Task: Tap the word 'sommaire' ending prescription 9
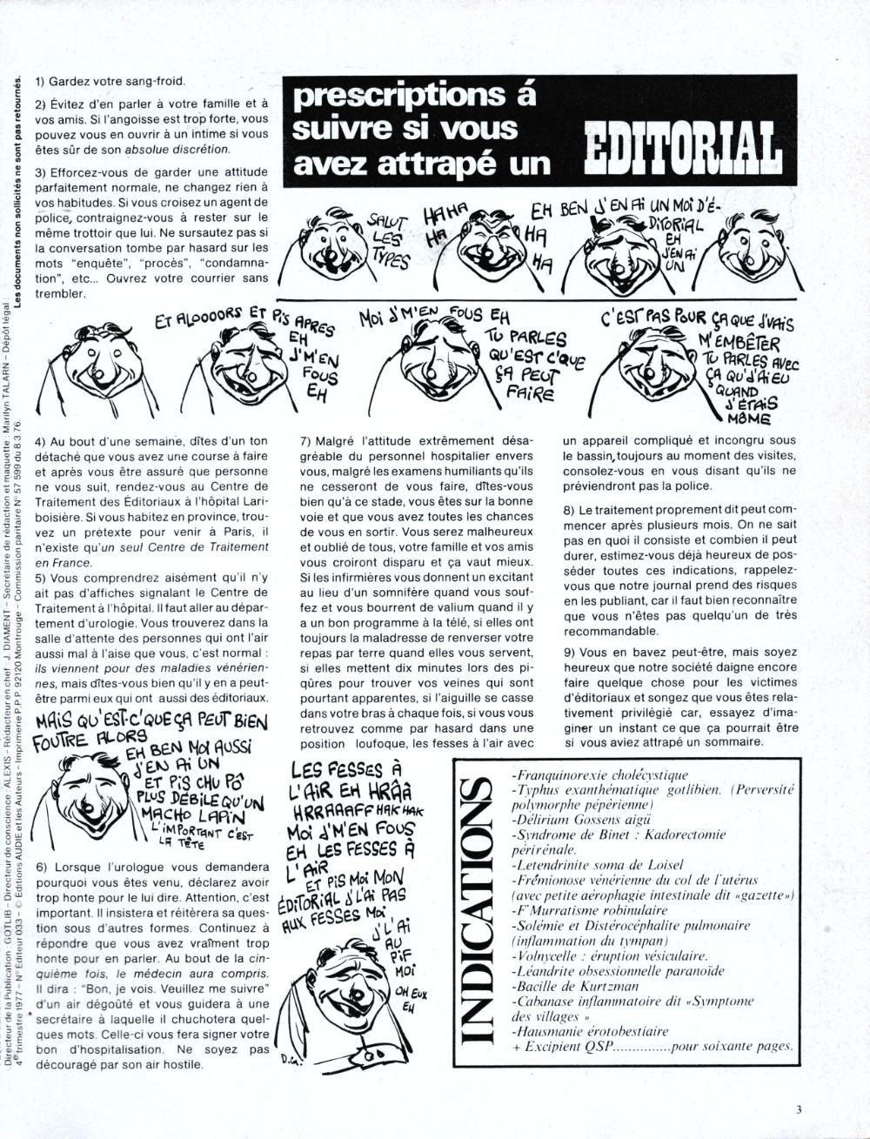(733, 742)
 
